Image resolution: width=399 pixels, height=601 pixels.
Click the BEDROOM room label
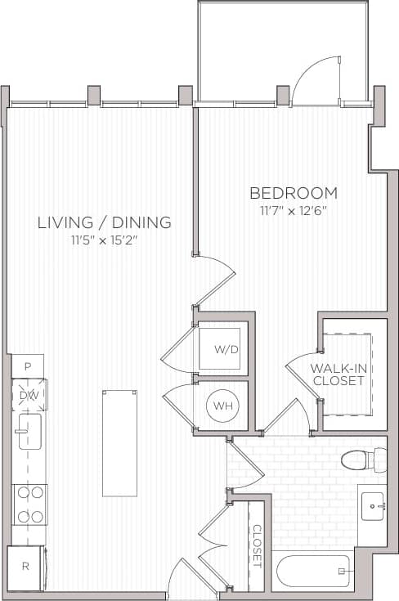pyautogui.click(x=294, y=193)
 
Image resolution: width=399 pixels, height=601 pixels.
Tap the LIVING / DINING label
pyautogui.click(x=104, y=222)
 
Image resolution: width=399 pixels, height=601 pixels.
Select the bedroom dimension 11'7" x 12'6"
pyautogui.click(x=294, y=212)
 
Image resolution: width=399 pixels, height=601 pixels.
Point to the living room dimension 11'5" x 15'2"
pyautogui.click(x=104, y=240)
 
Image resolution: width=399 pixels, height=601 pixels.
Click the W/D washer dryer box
pyautogui.click(x=226, y=350)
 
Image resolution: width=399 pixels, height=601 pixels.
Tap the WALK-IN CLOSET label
pyautogui.click(x=337, y=374)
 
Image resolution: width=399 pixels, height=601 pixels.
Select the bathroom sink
pyautogui.click(x=374, y=507)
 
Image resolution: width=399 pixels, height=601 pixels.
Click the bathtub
pyautogui.click(x=314, y=571)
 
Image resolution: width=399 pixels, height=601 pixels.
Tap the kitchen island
pyautogui.click(x=119, y=442)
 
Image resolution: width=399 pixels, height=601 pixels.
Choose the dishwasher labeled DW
pyautogui.click(x=28, y=395)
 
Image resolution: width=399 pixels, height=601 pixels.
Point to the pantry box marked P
pyautogui.click(x=27, y=366)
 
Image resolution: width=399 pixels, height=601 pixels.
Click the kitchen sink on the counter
pyautogui.click(x=29, y=432)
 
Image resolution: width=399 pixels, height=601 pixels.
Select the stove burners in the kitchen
pyautogui.click(x=29, y=504)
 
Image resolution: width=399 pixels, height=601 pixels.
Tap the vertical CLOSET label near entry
pyautogui.click(x=256, y=545)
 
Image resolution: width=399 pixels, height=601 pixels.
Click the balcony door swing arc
pyautogui.click(x=315, y=80)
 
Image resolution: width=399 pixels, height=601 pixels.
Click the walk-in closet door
pyautogui.click(x=303, y=372)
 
